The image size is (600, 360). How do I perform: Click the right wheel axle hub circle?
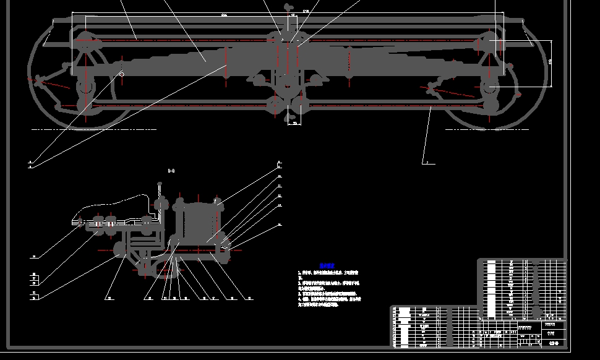pos(490,87)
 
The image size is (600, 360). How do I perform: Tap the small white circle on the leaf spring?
pos(121,74)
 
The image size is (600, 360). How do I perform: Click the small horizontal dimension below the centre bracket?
pos(296,123)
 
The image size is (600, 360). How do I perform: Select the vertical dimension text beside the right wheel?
pos(550,62)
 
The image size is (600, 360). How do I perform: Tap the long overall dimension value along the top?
pos(223,14)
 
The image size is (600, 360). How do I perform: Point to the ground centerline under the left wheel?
pos(93,130)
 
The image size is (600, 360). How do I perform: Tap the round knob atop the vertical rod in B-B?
pos(159,183)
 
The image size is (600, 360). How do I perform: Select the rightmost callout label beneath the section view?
pos(250,298)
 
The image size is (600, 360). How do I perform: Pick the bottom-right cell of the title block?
pos(554,342)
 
